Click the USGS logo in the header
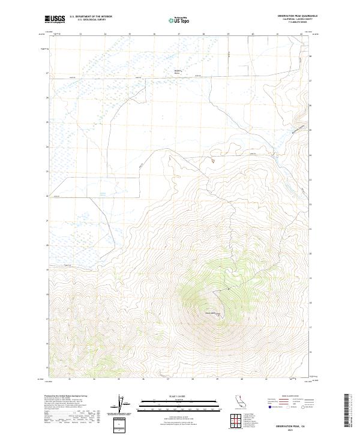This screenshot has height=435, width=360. coord(55,19)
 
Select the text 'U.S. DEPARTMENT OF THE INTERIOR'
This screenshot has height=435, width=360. coord(91,16)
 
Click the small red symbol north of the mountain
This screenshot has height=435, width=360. coord(212,160)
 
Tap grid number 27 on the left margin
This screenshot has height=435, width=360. coord(47,73)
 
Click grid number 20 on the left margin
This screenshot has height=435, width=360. coord(47,245)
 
